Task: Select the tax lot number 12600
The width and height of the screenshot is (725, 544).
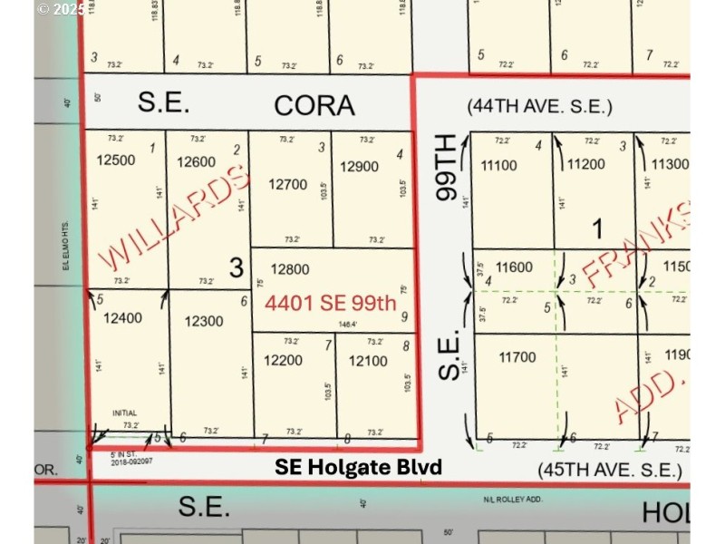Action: tap(197, 163)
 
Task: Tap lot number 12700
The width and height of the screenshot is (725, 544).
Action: tap(287, 184)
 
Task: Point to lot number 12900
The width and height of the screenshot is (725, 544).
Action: tap(359, 167)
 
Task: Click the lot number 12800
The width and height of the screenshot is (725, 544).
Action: tap(290, 269)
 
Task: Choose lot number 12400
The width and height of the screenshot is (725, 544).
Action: tap(123, 317)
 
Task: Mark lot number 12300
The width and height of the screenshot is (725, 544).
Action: tap(204, 321)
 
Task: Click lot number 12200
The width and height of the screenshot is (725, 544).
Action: tap(284, 361)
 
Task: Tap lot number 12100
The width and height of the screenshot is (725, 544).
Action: tap(367, 361)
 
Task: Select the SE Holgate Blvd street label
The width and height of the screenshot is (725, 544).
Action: tap(359, 468)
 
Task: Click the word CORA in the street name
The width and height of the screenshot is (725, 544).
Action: tap(314, 105)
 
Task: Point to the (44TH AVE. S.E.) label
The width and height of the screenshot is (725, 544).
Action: tap(540, 107)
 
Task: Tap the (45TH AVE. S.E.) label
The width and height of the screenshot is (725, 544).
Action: tap(608, 470)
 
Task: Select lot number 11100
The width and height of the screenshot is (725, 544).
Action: tap(499, 165)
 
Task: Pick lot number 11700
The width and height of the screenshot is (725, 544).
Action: tap(517, 358)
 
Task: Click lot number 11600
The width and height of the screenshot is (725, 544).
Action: tap(515, 268)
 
